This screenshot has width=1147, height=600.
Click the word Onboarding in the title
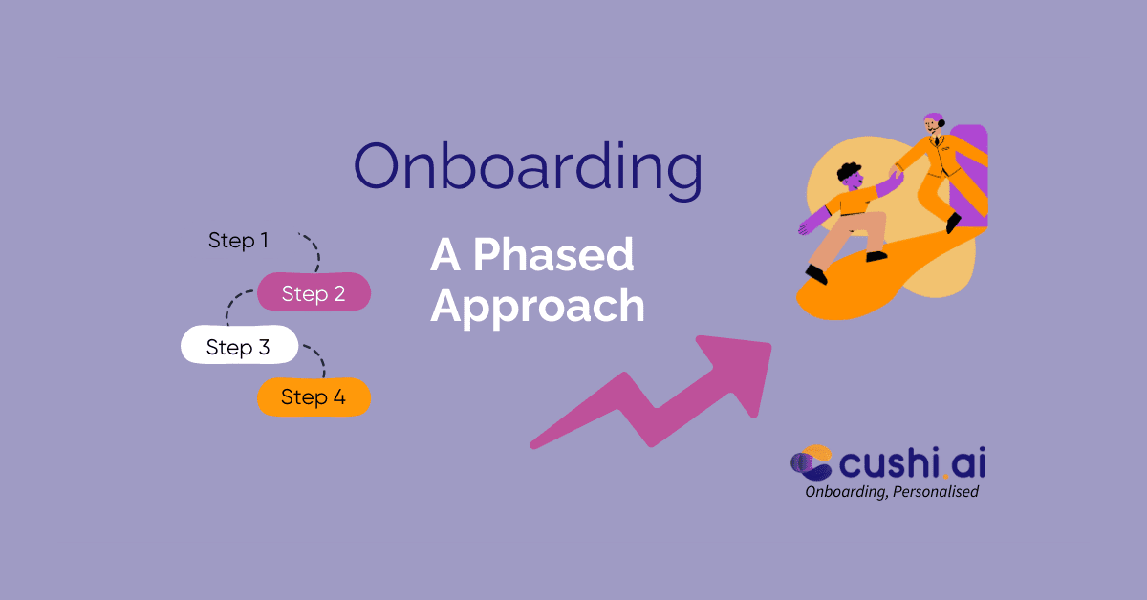coord(529,167)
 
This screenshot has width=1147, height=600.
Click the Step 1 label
coord(238,241)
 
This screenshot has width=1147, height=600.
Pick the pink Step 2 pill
coord(314,293)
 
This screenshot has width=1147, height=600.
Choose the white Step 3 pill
coord(239,347)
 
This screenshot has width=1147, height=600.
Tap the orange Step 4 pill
coord(314,397)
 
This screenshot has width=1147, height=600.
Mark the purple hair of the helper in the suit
coord(933,118)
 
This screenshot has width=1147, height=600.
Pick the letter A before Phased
coord(445,255)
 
